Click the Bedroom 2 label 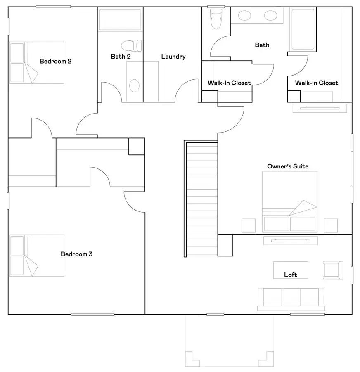click(55, 62)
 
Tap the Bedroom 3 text click(76, 254)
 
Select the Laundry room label click(173, 57)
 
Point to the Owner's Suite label click(287, 166)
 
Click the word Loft click(290, 275)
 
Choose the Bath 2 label click(121, 57)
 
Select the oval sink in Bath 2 click(134, 85)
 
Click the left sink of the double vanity click(245, 16)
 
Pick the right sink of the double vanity click(270, 16)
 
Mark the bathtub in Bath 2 click(120, 20)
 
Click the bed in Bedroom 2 click(37, 62)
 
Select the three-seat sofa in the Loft click(290, 299)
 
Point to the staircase click(201, 198)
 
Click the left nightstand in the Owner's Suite click(248, 225)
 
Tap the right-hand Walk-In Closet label click(316, 83)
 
